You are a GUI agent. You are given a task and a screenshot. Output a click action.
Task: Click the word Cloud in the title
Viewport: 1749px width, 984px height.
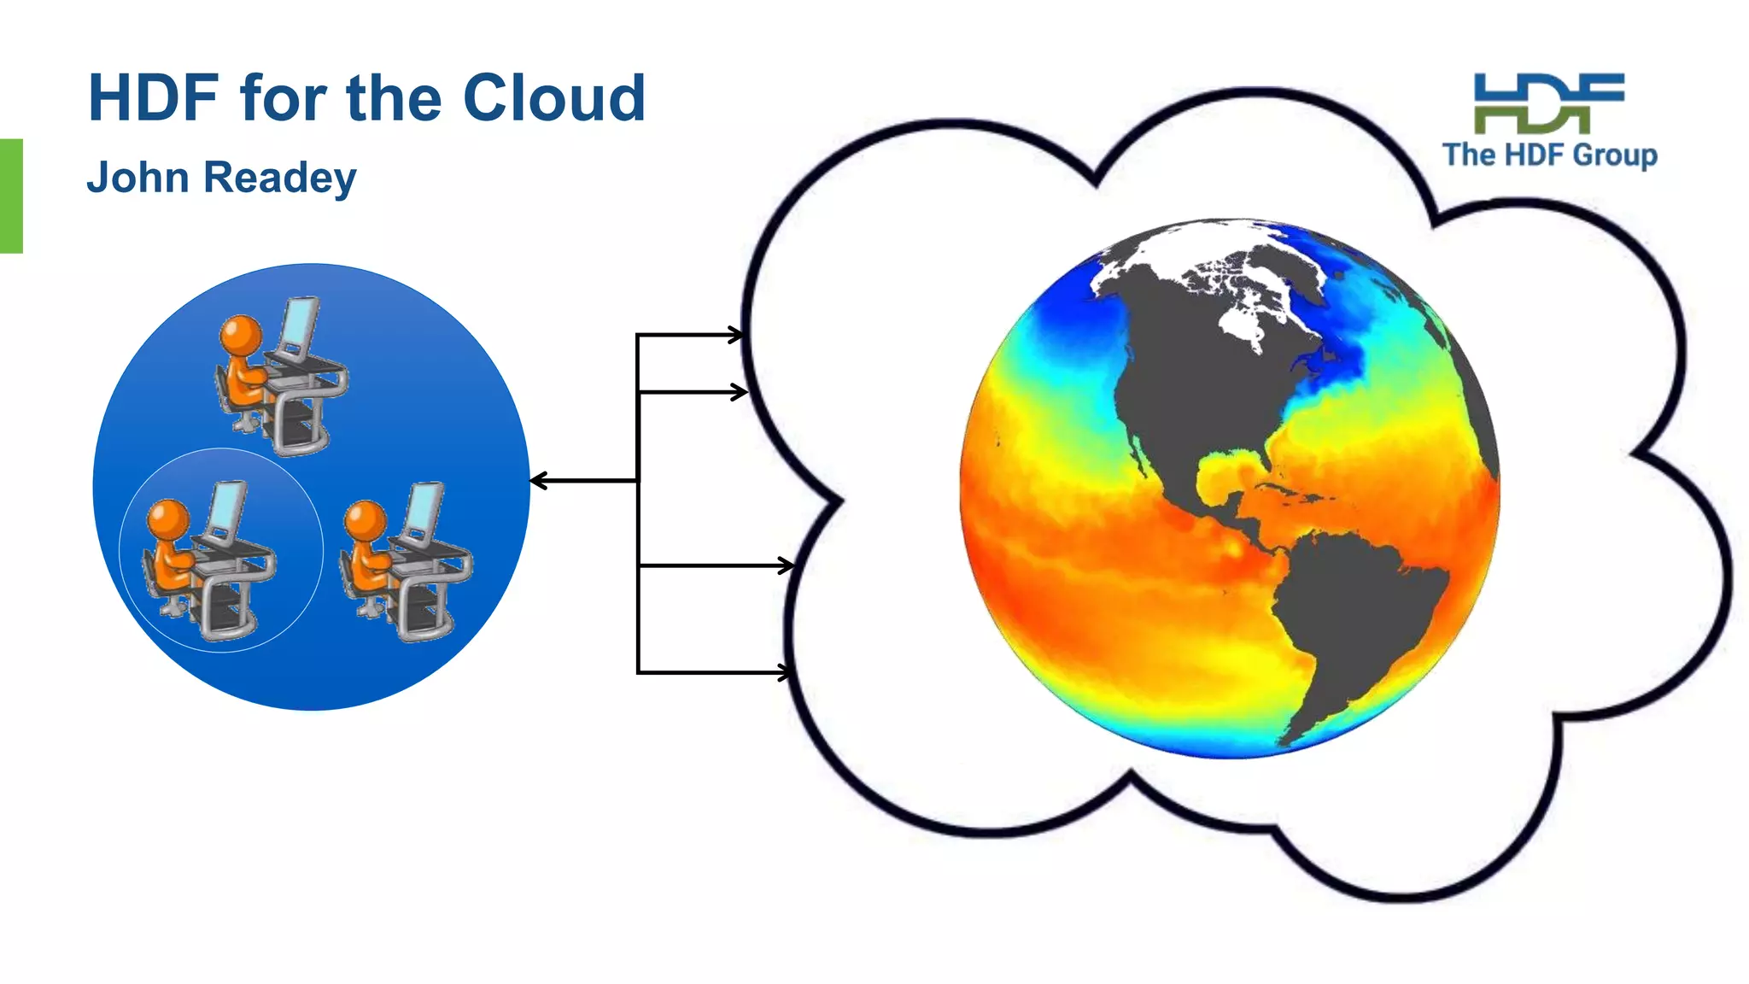pos(553,98)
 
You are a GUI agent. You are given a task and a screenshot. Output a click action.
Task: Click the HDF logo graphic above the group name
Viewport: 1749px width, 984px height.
pos(1549,103)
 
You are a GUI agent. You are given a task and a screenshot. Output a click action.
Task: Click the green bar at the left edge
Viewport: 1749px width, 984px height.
pos(11,196)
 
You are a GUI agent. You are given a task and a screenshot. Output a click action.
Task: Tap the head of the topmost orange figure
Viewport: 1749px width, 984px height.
pos(241,333)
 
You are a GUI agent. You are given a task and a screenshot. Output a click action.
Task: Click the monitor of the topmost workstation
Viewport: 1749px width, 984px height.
pos(300,324)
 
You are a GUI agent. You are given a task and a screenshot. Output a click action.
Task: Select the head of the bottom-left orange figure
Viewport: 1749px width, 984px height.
pos(168,518)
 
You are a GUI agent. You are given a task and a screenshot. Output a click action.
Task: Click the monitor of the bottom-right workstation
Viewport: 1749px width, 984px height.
pos(424,511)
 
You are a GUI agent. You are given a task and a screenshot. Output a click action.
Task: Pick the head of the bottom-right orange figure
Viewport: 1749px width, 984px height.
pos(366,518)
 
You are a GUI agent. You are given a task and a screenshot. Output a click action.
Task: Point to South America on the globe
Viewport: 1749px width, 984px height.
pos(1349,615)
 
